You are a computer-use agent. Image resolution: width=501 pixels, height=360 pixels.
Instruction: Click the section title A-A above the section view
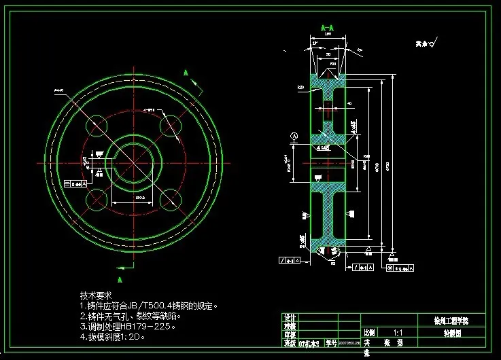(x=328, y=28)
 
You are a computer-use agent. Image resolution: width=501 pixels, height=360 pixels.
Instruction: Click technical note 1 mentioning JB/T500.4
(x=149, y=306)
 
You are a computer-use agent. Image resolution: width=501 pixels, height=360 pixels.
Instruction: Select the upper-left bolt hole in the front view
(x=97, y=126)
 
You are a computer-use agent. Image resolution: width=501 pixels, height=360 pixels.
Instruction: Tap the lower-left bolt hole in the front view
(x=97, y=199)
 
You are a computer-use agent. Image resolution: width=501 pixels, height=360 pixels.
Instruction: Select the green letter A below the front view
(x=120, y=279)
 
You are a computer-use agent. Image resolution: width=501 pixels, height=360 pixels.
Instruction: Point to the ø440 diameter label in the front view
(x=60, y=90)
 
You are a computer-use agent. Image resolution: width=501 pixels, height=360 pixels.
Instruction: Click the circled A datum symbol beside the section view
(x=293, y=136)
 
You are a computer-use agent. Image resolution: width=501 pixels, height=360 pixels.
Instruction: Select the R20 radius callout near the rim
(x=300, y=88)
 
